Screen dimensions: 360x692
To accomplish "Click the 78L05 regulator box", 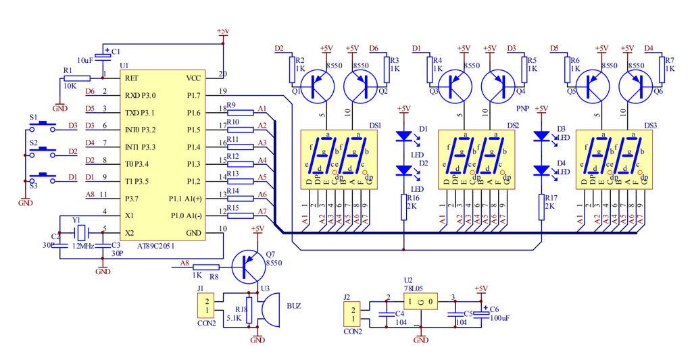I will [420, 300].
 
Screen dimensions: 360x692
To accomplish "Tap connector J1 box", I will [206, 306].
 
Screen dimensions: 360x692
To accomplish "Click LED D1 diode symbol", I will [404, 136].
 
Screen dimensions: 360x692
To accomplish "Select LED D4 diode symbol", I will [541, 170].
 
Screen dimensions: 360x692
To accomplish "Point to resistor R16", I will [404, 207].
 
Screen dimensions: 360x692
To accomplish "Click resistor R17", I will [541, 207].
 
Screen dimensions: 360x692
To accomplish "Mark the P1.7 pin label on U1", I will [193, 95].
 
